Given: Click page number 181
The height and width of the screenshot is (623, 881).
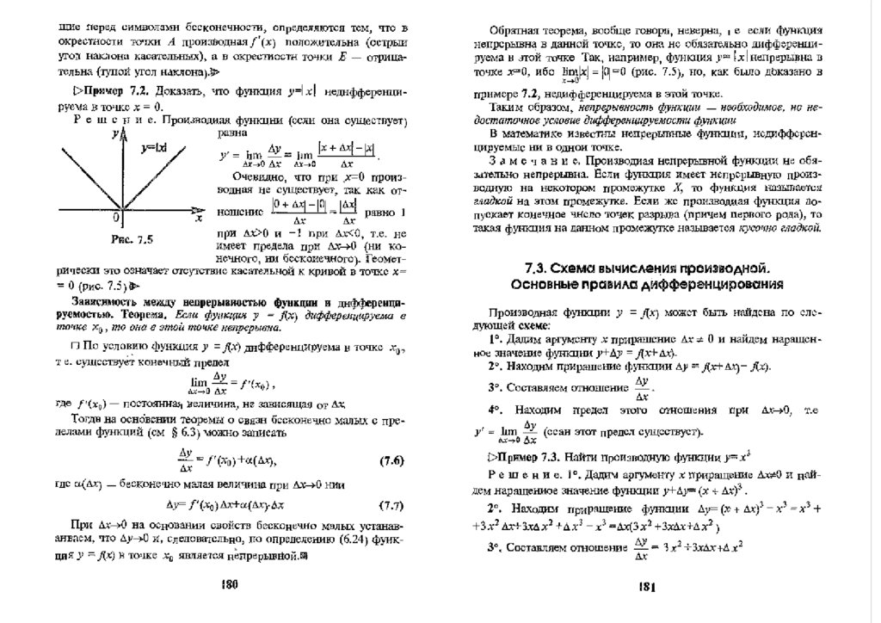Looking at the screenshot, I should tap(648, 587).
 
